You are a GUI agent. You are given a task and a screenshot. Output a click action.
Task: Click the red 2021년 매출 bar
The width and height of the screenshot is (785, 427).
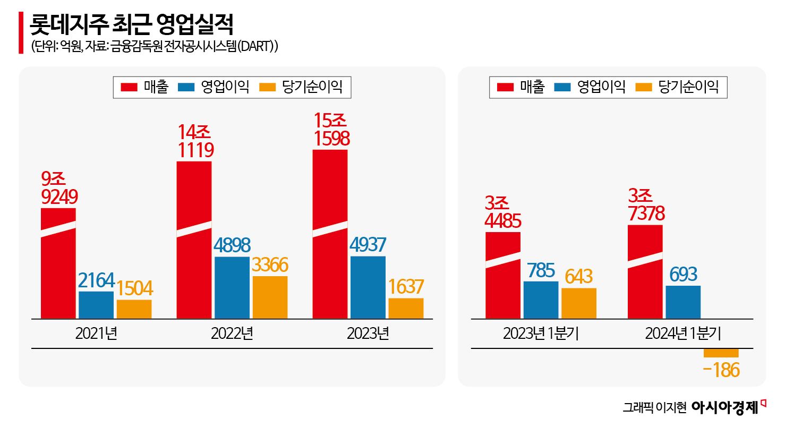click(58, 263)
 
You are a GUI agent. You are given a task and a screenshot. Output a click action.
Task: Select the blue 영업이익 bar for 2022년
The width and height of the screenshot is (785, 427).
click(232, 287)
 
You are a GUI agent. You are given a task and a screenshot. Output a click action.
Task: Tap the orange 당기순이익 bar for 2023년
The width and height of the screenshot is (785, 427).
click(406, 308)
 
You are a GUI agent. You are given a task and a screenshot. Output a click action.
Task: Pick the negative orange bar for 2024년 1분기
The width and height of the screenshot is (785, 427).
click(721, 353)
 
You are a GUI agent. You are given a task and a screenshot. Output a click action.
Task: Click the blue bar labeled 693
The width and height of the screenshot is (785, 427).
click(682, 302)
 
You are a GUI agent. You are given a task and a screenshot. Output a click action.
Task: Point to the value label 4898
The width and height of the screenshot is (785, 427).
click(232, 245)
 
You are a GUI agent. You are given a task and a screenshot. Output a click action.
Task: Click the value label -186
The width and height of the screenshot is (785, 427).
click(721, 370)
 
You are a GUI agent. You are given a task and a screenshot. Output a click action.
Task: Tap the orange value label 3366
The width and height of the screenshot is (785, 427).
click(270, 265)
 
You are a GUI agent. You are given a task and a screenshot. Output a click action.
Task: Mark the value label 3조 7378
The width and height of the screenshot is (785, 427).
click(645, 205)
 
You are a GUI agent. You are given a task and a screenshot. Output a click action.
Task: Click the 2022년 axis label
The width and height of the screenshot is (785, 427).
click(232, 334)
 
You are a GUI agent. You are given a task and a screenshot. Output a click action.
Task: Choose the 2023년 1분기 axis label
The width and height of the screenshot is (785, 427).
click(541, 334)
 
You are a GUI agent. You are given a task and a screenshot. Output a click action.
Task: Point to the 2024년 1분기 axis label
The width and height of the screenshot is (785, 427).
click(683, 334)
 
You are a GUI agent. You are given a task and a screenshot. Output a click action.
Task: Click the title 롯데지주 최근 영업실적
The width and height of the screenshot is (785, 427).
click(132, 23)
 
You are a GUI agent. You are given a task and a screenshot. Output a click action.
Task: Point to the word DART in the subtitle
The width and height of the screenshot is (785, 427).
click(254, 47)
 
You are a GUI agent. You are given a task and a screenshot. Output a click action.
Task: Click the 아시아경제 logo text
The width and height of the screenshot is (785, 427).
click(725, 407)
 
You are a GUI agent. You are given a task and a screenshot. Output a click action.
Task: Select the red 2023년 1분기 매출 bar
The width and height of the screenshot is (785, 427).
click(503, 275)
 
